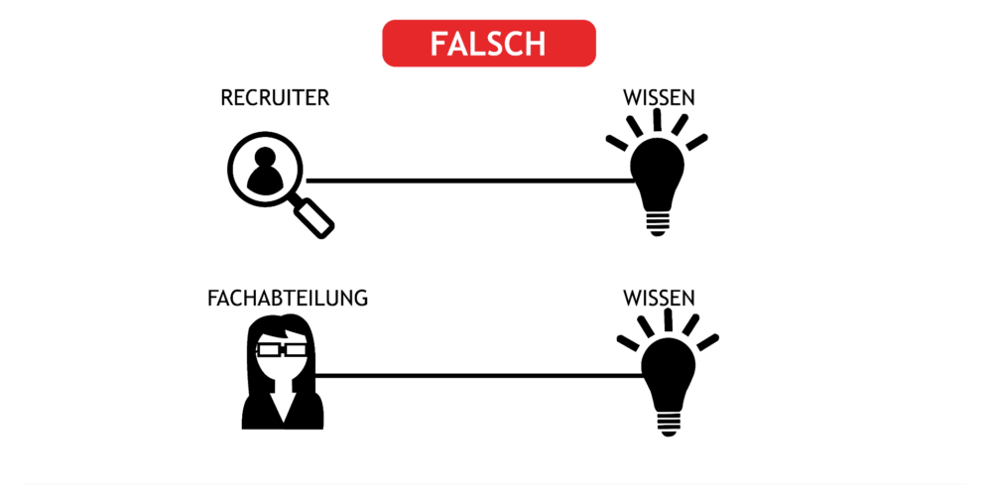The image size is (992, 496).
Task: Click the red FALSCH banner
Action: point(489,43)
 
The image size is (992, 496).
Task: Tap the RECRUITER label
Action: point(275,98)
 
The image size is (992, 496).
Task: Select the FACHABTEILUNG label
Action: point(288,298)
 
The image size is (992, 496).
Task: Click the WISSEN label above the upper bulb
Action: point(660,98)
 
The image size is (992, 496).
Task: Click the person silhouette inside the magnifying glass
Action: point(265,171)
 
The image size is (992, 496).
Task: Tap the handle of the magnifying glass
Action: point(315,218)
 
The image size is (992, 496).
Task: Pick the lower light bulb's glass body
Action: point(669,371)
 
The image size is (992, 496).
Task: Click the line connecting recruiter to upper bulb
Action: point(470,181)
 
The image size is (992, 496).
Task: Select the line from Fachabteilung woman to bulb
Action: point(479,376)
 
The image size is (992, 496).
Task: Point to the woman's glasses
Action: point(281,348)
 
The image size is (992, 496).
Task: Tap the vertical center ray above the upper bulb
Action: point(658,120)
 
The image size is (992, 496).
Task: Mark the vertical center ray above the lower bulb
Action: point(668,319)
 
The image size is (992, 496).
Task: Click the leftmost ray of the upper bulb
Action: point(617,143)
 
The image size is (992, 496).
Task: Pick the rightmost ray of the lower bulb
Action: point(708,341)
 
